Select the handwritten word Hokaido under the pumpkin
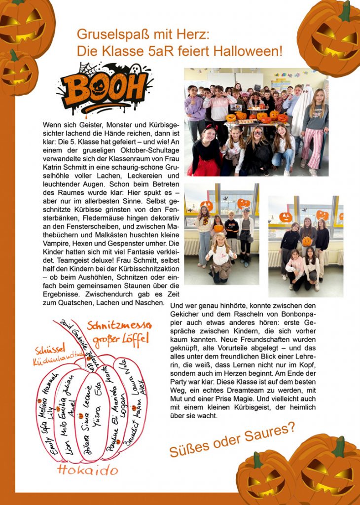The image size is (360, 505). [88, 469]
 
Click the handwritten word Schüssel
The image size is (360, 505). [48, 350]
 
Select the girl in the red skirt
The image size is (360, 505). [205, 153]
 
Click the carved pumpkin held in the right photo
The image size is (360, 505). [307, 241]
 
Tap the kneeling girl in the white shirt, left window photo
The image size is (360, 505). [221, 256]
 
